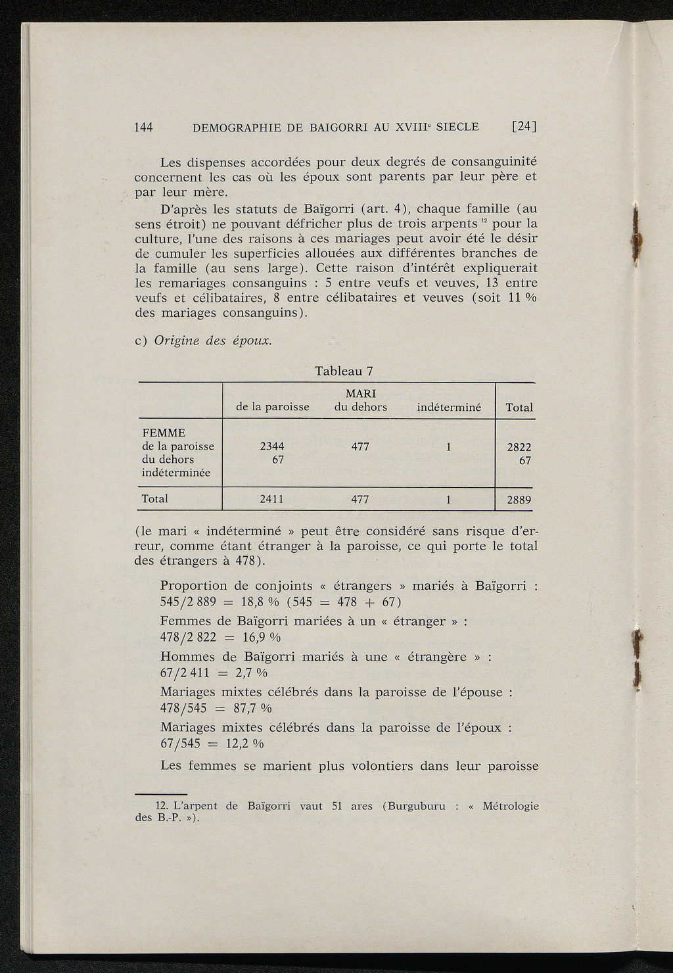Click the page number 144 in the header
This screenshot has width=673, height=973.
(x=143, y=127)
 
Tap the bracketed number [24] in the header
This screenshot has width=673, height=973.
(x=524, y=127)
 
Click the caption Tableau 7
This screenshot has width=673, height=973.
(x=344, y=371)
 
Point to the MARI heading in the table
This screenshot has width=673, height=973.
(x=360, y=393)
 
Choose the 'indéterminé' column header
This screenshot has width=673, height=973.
(x=449, y=408)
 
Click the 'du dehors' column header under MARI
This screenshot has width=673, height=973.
(x=360, y=407)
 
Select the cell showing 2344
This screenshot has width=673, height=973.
(x=272, y=446)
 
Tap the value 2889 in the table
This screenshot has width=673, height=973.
(x=519, y=500)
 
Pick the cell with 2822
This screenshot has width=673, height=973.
(x=519, y=447)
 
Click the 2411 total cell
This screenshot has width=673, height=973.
(x=271, y=499)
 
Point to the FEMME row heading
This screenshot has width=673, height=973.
(x=164, y=433)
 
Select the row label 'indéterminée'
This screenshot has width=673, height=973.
(x=176, y=473)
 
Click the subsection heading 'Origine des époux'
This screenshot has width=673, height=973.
(x=212, y=341)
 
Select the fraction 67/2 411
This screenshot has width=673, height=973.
(x=185, y=673)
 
